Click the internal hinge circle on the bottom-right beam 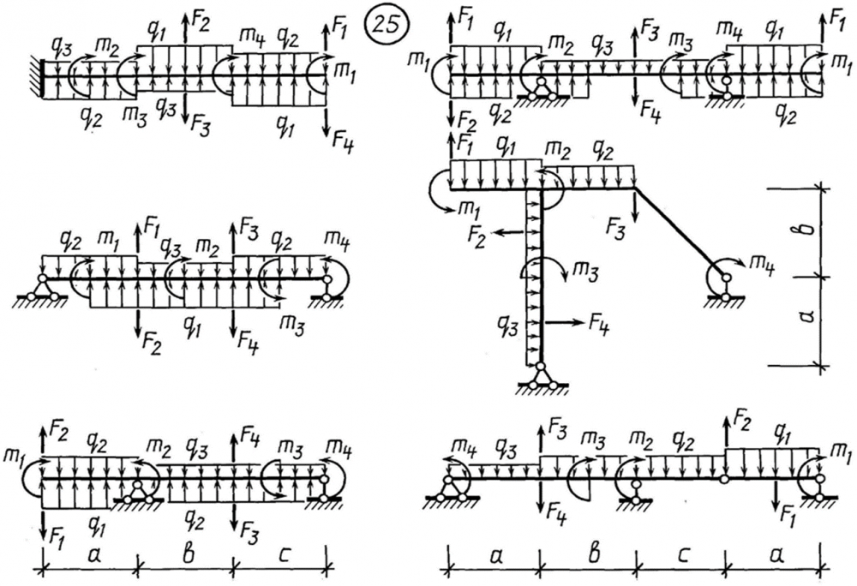(724, 479)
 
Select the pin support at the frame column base (540, 378)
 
